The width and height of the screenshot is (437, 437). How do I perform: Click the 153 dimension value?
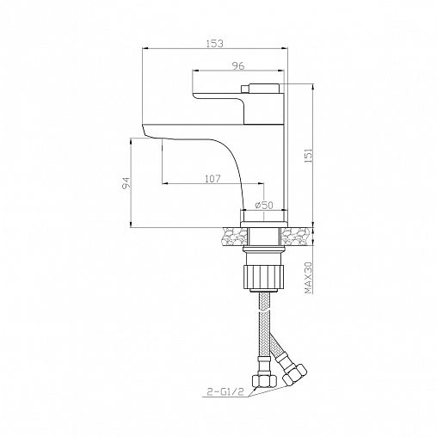point(215,44)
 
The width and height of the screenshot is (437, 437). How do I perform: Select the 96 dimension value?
point(238,66)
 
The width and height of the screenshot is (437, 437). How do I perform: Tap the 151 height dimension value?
point(309,157)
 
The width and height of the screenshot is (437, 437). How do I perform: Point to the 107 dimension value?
point(212,179)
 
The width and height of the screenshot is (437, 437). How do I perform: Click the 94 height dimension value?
point(126,182)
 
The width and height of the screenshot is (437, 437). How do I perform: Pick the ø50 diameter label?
point(264,205)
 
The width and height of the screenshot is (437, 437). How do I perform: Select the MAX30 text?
point(309,278)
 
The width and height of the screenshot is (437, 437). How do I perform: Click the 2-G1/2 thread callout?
point(225,391)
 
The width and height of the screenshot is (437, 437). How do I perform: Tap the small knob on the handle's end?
point(246,89)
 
